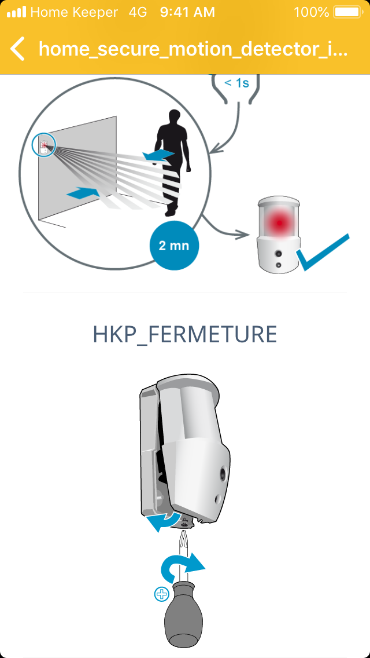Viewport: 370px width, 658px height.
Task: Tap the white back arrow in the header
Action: (x=17, y=49)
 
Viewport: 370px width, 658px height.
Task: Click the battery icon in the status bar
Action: (x=347, y=12)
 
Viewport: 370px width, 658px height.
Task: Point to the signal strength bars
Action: (x=16, y=12)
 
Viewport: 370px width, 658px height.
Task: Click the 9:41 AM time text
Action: (x=187, y=12)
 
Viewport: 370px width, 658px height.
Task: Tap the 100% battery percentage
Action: (x=312, y=12)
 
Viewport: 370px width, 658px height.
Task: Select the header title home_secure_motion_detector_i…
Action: (x=193, y=49)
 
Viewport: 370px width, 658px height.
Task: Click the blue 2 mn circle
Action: (x=174, y=246)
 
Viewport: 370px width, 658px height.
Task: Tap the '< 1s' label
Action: (x=237, y=83)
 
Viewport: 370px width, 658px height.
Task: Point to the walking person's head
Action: (x=175, y=117)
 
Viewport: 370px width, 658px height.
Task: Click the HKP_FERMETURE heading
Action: (x=185, y=334)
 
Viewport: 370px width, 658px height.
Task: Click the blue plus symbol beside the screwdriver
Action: (x=161, y=594)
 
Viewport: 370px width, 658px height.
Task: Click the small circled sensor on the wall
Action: (x=43, y=145)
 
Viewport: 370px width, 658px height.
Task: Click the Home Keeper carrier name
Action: (x=74, y=12)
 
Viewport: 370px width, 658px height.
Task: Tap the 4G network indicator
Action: (x=138, y=12)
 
